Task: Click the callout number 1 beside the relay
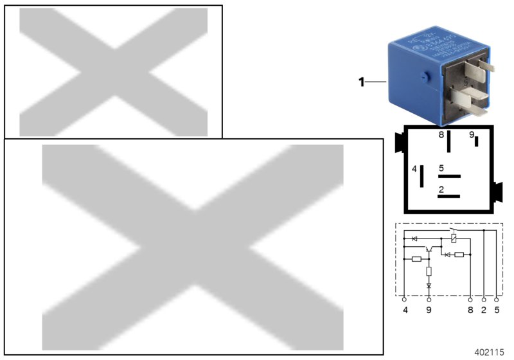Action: (361, 82)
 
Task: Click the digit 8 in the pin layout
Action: (441, 135)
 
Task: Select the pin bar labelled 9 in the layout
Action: (477, 142)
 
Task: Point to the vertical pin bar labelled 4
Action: (422, 176)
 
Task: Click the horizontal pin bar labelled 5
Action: (449, 175)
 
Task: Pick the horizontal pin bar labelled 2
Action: (449, 196)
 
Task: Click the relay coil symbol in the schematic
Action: (455, 239)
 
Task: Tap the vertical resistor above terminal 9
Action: (429, 271)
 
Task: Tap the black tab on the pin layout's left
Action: (398, 141)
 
